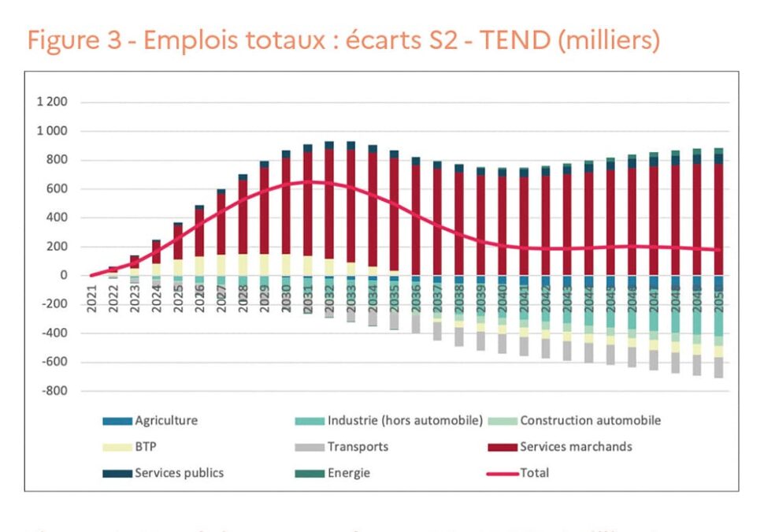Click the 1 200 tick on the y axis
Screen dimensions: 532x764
51,102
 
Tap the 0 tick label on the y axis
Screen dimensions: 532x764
63,276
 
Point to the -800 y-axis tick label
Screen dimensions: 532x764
53,391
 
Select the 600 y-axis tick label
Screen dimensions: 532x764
57,189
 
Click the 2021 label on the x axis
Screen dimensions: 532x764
92,299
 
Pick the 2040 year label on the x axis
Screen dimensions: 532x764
502,299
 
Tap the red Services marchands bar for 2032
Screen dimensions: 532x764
328,205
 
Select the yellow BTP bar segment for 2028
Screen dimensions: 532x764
243,265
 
